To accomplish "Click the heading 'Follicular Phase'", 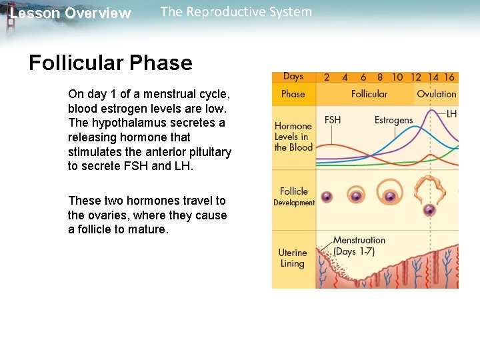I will click(x=110, y=63).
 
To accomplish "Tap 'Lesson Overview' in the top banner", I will click(x=70, y=13).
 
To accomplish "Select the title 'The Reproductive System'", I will click(x=236, y=12).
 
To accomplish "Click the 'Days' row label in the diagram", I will click(x=293, y=77).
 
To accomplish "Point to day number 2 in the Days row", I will click(x=327, y=77).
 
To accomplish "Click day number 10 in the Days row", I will click(x=397, y=77).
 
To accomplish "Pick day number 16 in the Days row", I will click(x=449, y=77).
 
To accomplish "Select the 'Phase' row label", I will click(x=293, y=94).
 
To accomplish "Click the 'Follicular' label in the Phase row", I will click(x=369, y=94).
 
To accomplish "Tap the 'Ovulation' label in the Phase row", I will click(x=437, y=94).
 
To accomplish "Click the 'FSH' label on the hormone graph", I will click(x=333, y=120).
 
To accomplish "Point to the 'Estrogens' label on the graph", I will click(x=393, y=120).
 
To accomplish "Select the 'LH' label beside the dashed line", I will click(x=451, y=114).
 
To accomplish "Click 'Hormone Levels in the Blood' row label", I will click(x=293, y=137).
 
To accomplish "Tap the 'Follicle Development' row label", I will click(x=294, y=197).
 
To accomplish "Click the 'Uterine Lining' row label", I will click(x=293, y=258).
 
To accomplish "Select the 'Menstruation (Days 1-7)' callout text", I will click(x=359, y=245).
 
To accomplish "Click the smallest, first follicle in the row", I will click(x=327, y=197).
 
